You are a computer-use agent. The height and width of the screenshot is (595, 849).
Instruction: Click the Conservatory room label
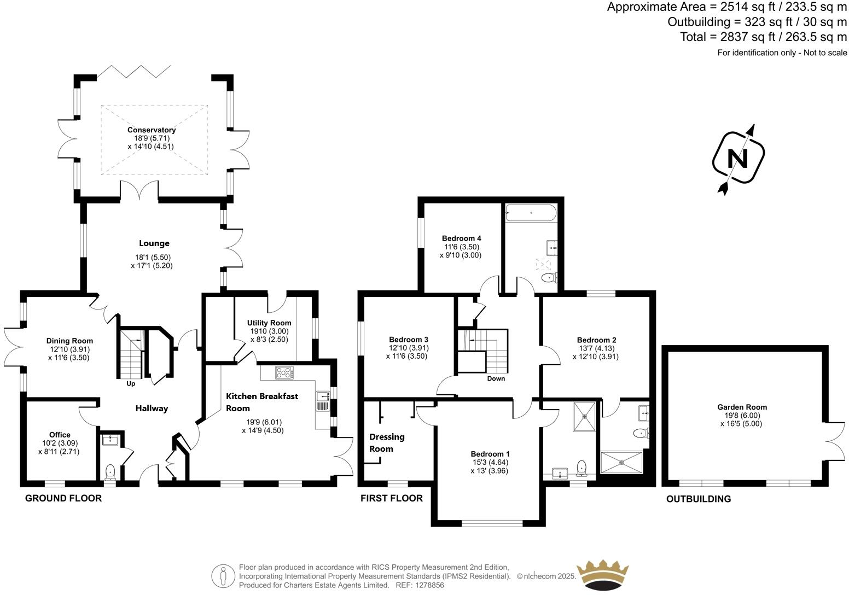click(152, 130)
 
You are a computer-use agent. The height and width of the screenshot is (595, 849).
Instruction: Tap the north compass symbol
click(738, 159)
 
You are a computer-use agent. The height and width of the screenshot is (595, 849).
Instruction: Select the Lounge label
click(154, 243)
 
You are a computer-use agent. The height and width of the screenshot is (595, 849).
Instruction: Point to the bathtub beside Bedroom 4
click(531, 212)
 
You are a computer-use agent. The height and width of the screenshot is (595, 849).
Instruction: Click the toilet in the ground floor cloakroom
click(111, 471)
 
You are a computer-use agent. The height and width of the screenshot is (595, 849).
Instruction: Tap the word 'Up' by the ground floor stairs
click(131, 383)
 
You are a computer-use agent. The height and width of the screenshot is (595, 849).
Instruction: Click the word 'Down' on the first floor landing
click(496, 378)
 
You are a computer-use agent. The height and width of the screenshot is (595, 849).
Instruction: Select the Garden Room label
click(742, 407)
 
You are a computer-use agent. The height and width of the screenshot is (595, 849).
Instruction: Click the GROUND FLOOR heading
click(63, 498)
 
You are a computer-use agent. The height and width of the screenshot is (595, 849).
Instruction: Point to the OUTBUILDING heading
click(698, 499)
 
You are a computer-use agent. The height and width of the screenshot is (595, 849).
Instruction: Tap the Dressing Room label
click(387, 442)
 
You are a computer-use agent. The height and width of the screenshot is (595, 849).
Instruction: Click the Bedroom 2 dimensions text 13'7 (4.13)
click(596, 348)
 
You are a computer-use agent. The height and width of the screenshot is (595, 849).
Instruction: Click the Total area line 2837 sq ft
click(763, 37)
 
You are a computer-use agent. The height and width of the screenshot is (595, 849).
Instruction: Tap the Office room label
click(60, 435)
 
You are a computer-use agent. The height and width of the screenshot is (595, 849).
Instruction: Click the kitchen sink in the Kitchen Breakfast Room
click(322, 401)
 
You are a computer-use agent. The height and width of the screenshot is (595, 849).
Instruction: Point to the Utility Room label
click(269, 323)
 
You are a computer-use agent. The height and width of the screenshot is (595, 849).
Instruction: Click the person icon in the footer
click(223, 576)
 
